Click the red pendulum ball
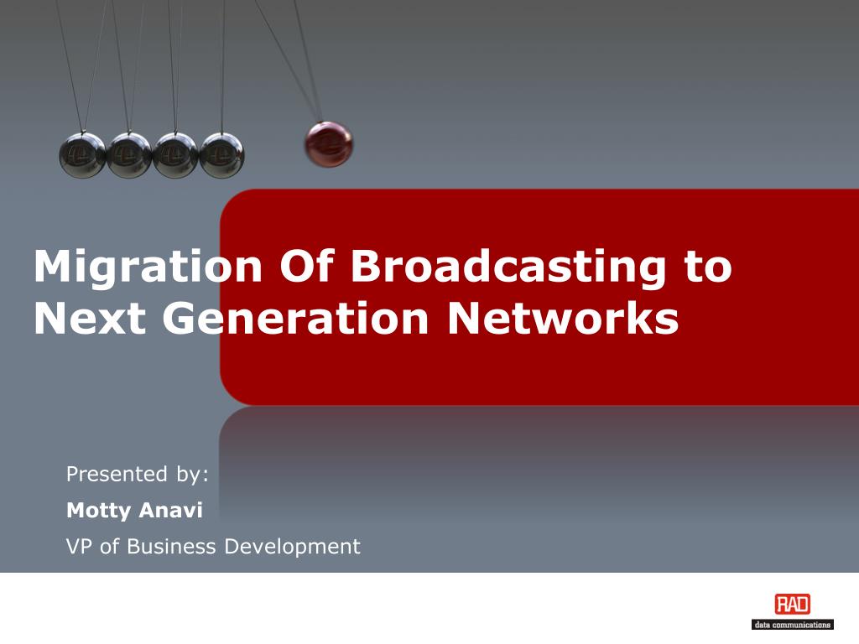point(329,144)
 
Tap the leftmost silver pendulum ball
point(82,155)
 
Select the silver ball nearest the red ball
point(221,155)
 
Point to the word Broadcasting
point(508,267)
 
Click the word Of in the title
point(307,266)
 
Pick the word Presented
point(117,474)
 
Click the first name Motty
point(99,511)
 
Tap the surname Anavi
point(170,510)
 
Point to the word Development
point(293,547)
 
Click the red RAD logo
point(792,605)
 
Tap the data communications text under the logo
point(792,625)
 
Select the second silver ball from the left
point(128,155)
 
